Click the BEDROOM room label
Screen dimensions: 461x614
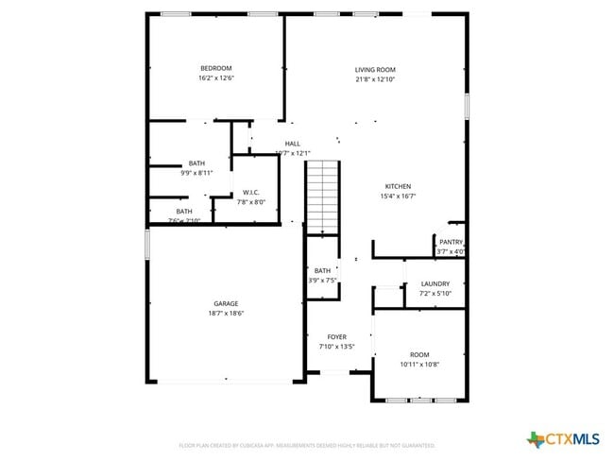215,68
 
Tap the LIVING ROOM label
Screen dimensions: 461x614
375,69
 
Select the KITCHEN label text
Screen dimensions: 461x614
398,186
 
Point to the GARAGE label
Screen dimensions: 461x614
226,303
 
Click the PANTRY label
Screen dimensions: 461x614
451,242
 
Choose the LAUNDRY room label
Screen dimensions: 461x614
435,283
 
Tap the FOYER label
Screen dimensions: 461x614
336,336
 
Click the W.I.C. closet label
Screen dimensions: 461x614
250,192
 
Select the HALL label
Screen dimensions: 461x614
293,144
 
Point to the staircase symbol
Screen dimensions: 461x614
322,196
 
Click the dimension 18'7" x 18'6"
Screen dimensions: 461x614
226,313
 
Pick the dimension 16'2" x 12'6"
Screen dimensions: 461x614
215,78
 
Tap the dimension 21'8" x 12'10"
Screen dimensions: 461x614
375,79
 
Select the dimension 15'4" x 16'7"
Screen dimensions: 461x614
398,196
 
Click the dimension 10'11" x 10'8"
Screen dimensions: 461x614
419,364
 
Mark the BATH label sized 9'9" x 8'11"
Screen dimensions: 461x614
196,162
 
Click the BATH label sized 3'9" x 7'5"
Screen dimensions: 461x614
322,271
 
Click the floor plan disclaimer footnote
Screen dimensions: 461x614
307,444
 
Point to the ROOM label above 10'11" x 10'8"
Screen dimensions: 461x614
419,354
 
